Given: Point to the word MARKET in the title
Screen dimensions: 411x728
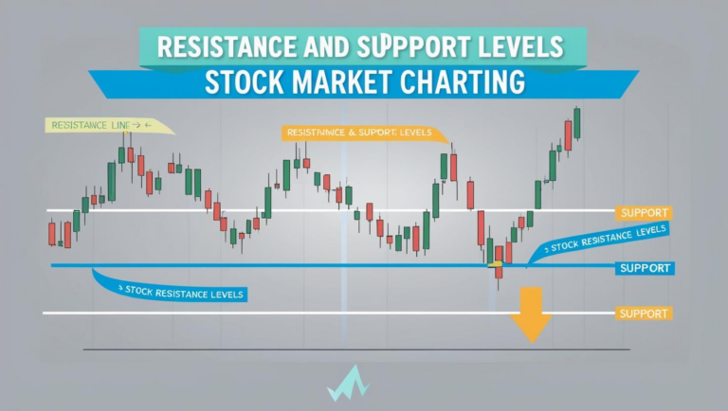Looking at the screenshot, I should pos(347,81).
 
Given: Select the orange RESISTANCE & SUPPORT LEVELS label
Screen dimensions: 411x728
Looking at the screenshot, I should pos(355,134).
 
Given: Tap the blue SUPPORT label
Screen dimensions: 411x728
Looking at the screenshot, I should pos(644,268).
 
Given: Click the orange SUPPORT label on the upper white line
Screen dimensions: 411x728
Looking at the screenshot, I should pos(644,213).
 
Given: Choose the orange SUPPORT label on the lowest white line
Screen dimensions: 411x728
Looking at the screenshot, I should pos(644,313).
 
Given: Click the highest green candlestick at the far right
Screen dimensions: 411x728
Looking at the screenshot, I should pos(576,122).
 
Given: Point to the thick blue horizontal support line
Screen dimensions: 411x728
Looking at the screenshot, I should pos(284,266).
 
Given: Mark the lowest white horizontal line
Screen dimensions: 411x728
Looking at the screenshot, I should pos(284,313).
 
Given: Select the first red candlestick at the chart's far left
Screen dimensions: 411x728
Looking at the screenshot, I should pos(52,233).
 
